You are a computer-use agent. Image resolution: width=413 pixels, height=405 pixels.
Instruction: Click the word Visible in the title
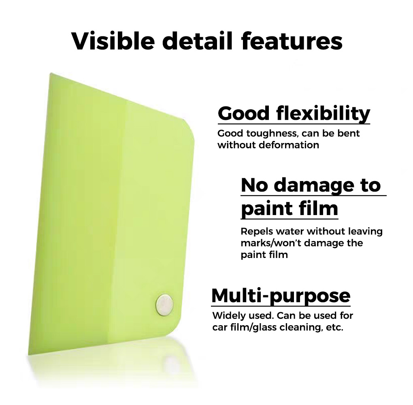pyautogui.click(x=113, y=41)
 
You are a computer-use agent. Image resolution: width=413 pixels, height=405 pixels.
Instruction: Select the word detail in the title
pyautogui.click(x=198, y=41)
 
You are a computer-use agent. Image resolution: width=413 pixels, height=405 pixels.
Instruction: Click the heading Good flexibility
pyautogui.click(x=294, y=113)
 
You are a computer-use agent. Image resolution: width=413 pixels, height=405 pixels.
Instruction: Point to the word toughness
pyautogui.click(x=272, y=134)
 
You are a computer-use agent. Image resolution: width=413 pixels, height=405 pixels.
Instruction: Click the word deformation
pyautogui.click(x=289, y=145)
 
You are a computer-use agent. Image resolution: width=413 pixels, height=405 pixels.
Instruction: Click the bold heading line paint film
pyautogui.click(x=290, y=209)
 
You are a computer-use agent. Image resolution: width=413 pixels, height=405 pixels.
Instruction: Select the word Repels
pyautogui.click(x=257, y=232)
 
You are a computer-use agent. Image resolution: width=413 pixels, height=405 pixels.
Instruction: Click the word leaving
pyautogui.click(x=365, y=231)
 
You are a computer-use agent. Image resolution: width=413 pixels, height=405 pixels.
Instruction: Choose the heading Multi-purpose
pyautogui.click(x=281, y=296)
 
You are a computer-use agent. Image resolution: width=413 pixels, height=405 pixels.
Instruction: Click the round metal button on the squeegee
pyautogui.click(x=165, y=305)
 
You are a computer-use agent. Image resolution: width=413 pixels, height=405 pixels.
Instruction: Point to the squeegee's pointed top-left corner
pyautogui.click(x=51, y=74)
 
